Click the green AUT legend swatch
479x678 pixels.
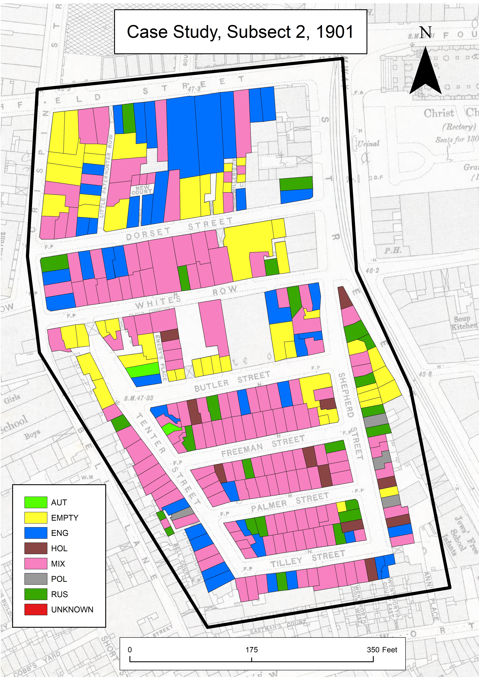(x=36, y=502)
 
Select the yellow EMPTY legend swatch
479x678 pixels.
(x=36, y=518)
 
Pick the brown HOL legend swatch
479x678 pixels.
(x=36, y=548)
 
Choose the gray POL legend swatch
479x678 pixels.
(x=36, y=579)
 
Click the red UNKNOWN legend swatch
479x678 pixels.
(x=36, y=609)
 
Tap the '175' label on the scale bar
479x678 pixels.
(x=252, y=650)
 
